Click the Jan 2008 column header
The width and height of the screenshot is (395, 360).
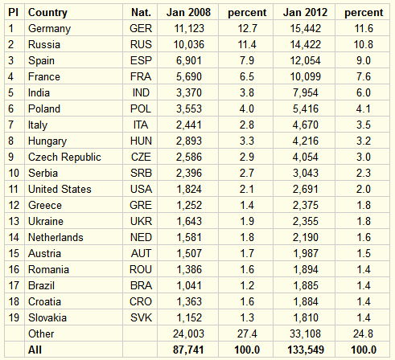(x=188, y=12)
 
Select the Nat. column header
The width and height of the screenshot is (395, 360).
(x=141, y=12)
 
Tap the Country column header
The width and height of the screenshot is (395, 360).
(x=47, y=13)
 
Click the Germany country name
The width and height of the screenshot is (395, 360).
(x=49, y=29)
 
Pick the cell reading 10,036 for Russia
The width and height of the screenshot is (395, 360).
(x=189, y=44)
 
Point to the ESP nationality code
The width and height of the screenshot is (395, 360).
(x=141, y=60)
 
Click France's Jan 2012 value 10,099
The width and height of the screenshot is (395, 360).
(x=306, y=76)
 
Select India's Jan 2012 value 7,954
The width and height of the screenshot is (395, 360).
(x=306, y=92)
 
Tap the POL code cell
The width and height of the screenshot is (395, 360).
(x=141, y=108)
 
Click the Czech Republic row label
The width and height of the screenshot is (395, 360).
(x=64, y=157)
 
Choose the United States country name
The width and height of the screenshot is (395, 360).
(x=60, y=189)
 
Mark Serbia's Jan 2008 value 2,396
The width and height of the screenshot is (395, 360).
(x=189, y=173)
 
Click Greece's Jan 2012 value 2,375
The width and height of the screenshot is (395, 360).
(x=306, y=205)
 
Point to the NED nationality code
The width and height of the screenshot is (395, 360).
(x=141, y=237)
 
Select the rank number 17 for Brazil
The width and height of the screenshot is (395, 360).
(x=14, y=285)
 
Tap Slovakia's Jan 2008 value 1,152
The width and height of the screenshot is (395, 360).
(x=189, y=317)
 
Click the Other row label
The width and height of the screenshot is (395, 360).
(x=41, y=333)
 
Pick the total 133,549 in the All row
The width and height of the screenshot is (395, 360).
(x=306, y=350)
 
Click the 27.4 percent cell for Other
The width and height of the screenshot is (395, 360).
(x=247, y=333)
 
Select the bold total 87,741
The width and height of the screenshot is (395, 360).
(x=188, y=350)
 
